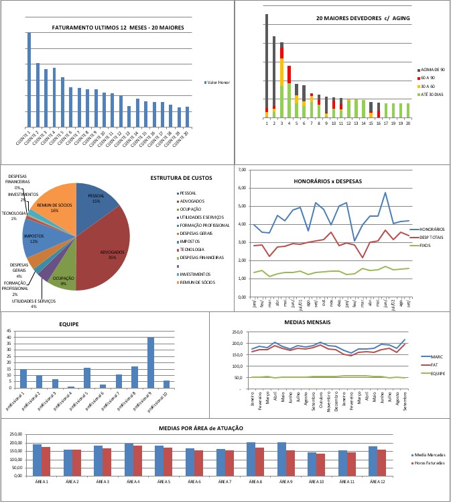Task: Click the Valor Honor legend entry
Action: pyautogui.click(x=218, y=82)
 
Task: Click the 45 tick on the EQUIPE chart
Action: pyautogui.click(x=9, y=331)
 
